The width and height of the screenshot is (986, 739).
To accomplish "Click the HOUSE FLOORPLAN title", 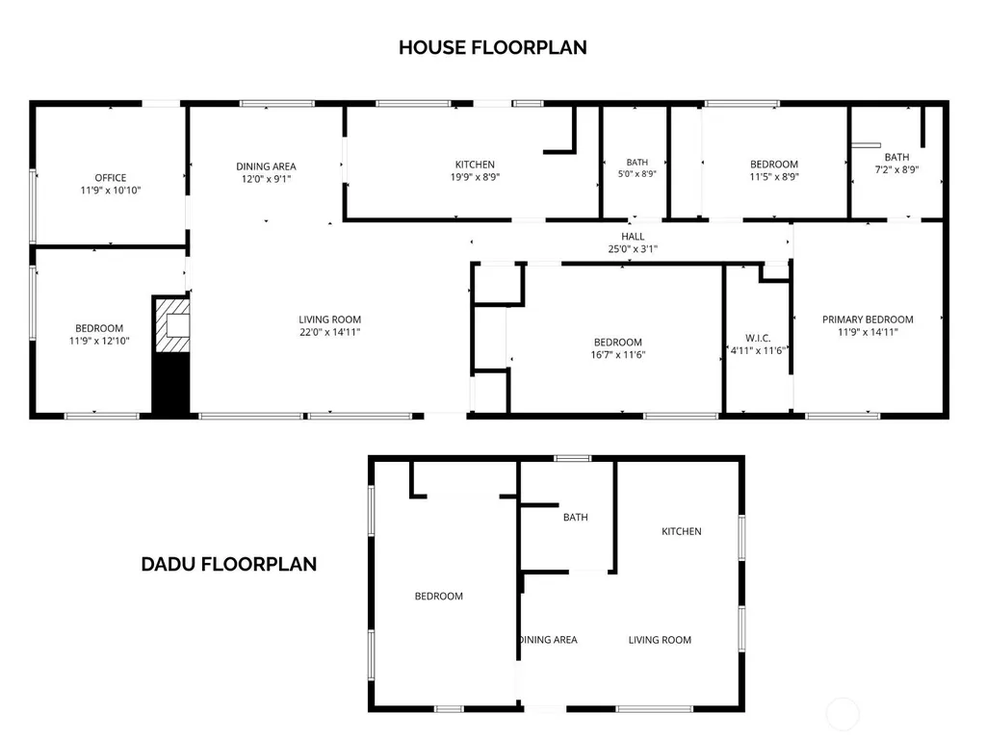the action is pos(492,47).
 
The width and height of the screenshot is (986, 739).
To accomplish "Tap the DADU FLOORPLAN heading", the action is pos(229,564).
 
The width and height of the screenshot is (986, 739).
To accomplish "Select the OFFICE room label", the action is pos(111,178).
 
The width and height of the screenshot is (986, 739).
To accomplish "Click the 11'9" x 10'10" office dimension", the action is pos(111,191).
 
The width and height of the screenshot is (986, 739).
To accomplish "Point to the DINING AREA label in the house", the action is pos(266,166).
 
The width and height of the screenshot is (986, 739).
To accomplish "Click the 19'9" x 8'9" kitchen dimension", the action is pos(475,177).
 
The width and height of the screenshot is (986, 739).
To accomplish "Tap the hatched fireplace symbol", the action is pos(172,325).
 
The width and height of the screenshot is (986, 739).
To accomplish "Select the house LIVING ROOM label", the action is pos(330,319).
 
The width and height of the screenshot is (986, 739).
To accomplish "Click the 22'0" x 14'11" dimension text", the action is pos(330,332).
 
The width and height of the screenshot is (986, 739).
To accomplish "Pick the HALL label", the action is pos(633,237).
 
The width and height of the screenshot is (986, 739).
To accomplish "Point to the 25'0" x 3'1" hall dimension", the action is pos(633,249).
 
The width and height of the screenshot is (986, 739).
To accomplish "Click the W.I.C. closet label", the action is pos(758,338).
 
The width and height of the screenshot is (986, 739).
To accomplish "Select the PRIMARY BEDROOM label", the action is pos(868,319).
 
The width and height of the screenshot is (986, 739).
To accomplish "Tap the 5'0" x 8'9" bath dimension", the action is pos(637,174).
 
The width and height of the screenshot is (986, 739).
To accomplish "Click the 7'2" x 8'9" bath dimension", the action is pos(896,169).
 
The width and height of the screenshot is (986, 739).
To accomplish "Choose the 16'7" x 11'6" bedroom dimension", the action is pos(618,354).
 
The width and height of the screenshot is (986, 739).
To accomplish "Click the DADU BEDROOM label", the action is pos(439,596).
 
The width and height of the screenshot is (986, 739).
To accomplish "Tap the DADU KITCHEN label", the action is pos(682,531).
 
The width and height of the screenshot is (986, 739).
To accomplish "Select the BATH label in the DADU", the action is pos(576,517).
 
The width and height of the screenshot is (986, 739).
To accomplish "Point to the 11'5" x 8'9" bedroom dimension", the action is pos(774,177).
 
